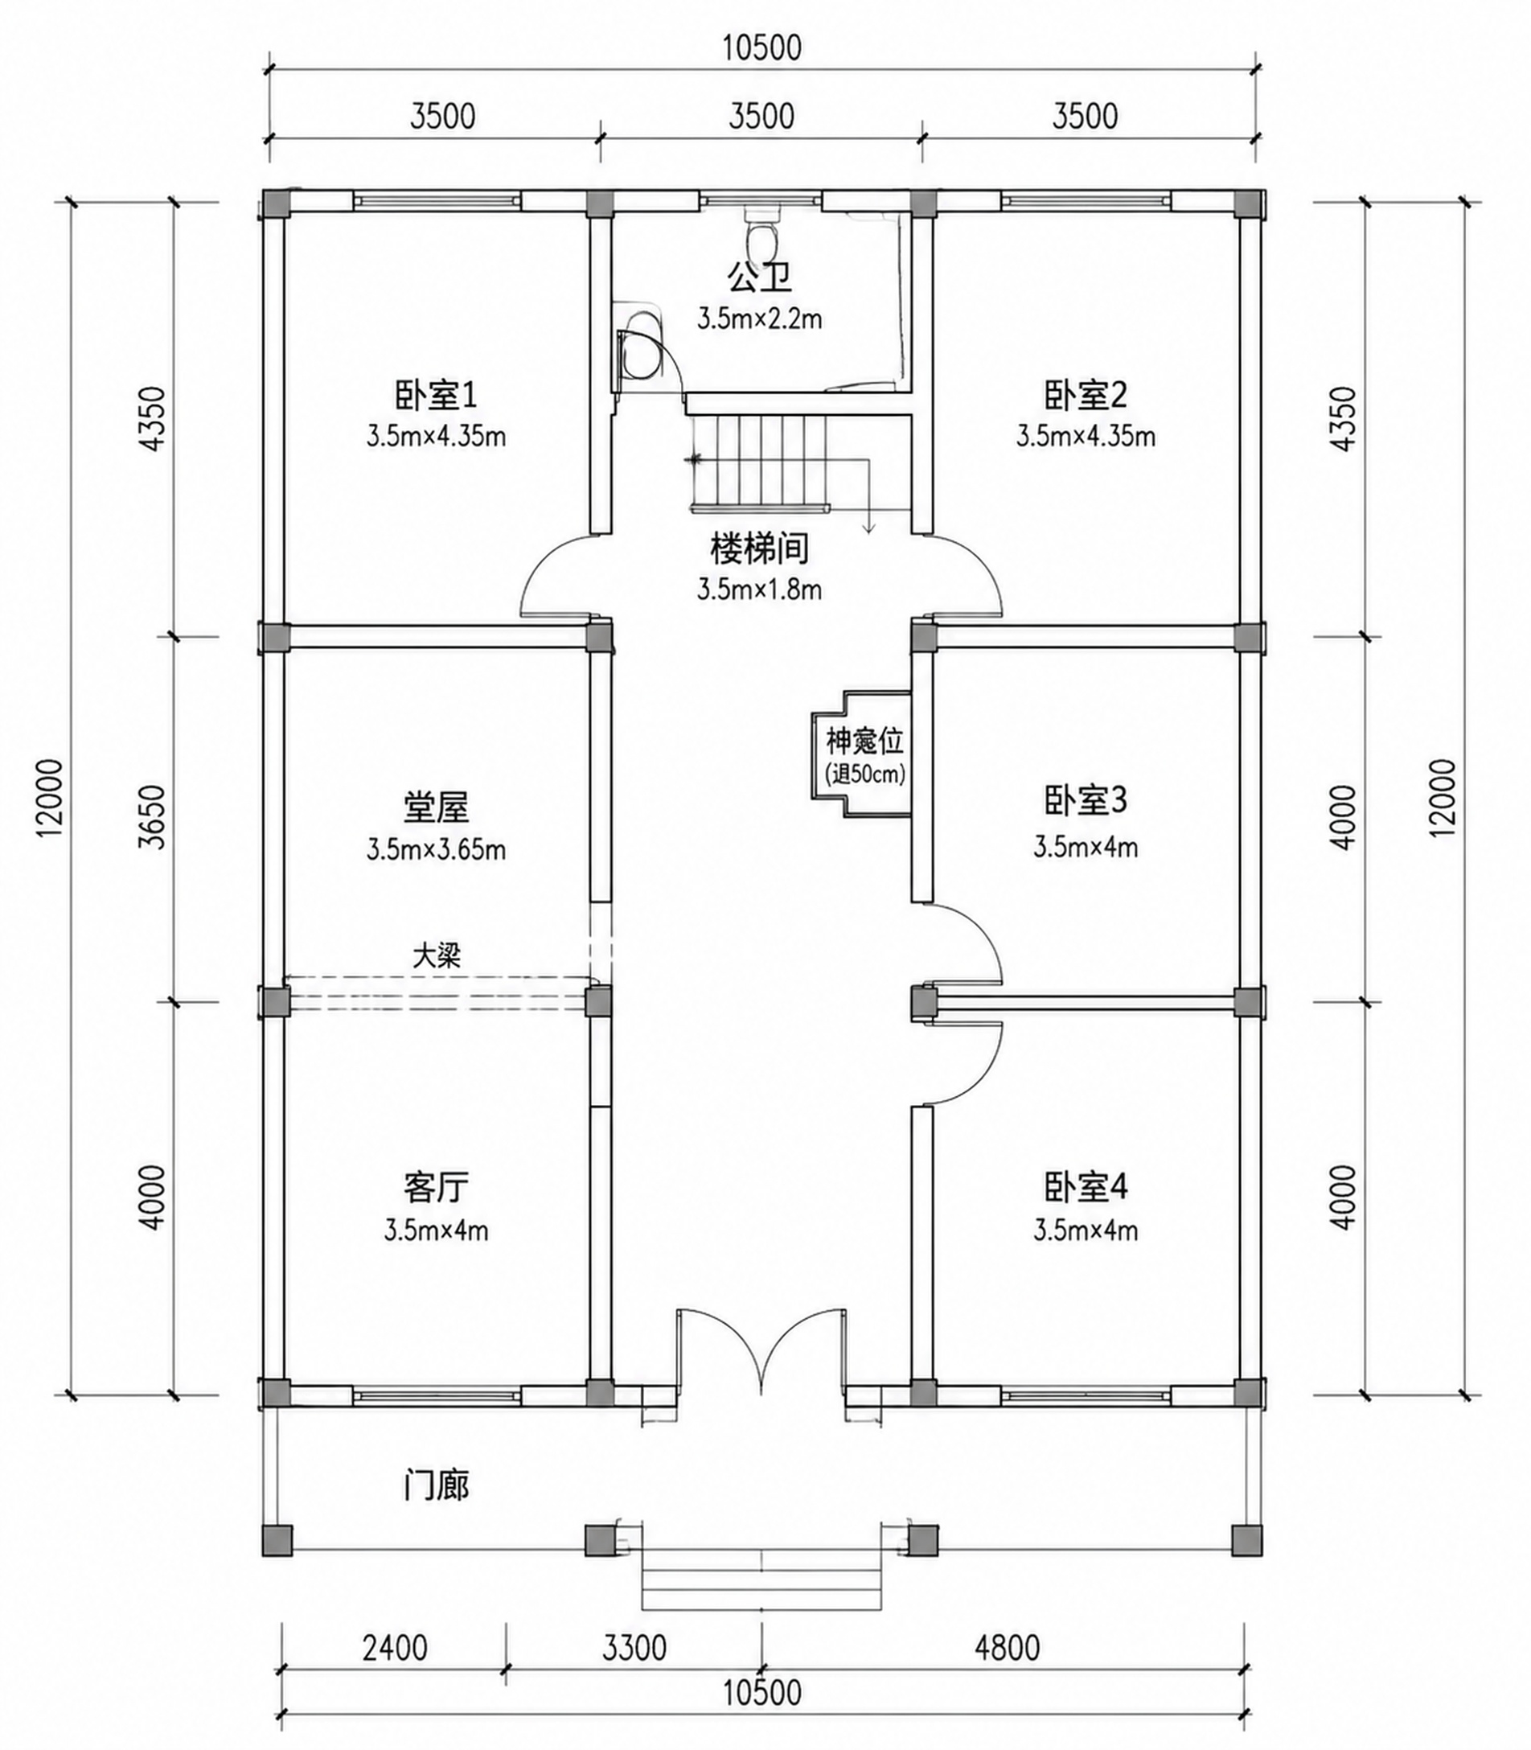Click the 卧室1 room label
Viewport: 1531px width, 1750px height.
coord(436,395)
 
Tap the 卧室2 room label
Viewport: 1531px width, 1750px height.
coord(1085,395)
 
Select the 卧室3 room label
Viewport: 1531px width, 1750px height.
coord(1085,801)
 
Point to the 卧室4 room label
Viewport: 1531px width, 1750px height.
coord(1085,1187)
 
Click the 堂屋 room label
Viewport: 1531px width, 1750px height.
coord(436,807)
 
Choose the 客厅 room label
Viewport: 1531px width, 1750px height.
coord(436,1187)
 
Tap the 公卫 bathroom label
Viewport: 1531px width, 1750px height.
coord(760,277)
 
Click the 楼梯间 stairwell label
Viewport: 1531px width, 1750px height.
coord(760,548)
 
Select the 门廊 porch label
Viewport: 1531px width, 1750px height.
coord(436,1486)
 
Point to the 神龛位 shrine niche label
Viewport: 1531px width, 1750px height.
coord(864,741)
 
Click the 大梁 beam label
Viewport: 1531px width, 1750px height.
coord(437,955)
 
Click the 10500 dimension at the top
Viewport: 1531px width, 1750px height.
coord(762,48)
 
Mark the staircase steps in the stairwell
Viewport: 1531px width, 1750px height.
coord(760,462)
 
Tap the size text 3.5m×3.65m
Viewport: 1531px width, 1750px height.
coord(436,849)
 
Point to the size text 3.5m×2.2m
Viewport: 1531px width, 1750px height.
coord(760,319)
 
